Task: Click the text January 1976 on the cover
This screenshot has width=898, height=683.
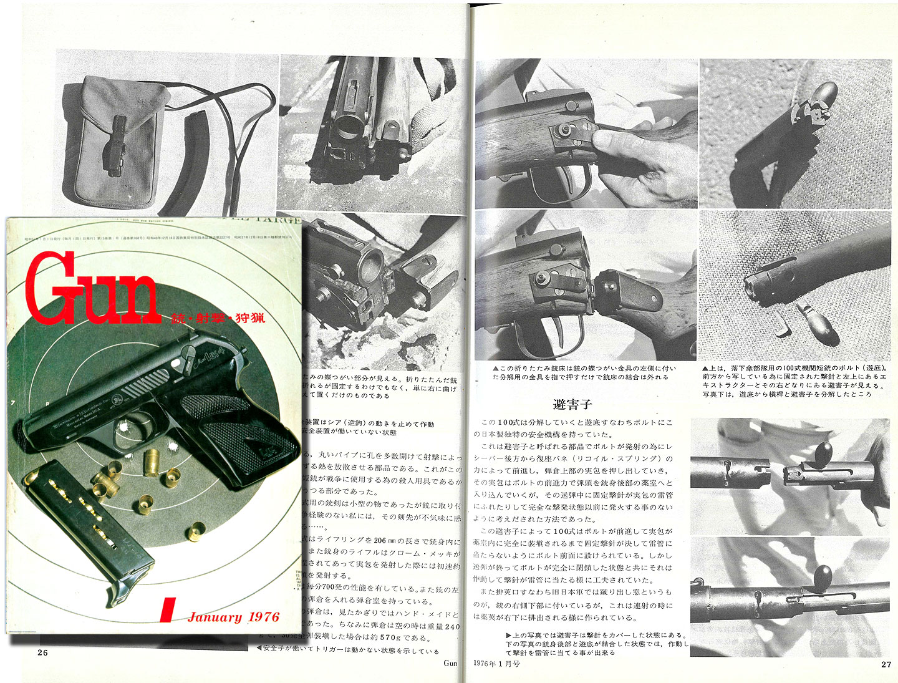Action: [x=233, y=617]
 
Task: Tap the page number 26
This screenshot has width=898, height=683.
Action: [x=42, y=652]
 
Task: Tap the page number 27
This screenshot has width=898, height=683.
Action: [x=886, y=664]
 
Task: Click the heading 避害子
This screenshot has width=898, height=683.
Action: [x=572, y=404]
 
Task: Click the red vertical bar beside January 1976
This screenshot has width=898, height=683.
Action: [x=166, y=610]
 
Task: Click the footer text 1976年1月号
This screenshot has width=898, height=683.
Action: [x=496, y=663]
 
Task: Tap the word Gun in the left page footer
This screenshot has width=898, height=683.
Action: [x=450, y=663]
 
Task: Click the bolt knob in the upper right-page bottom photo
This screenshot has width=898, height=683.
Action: [x=823, y=450]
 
